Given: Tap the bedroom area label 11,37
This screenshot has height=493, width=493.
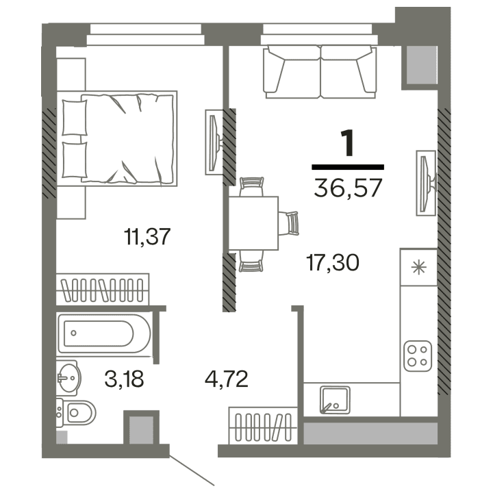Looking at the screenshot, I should pyautogui.click(x=147, y=238).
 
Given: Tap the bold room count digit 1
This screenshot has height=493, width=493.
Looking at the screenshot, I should pyautogui.click(x=348, y=144).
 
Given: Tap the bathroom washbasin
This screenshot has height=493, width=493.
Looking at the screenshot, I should pyautogui.click(x=68, y=375).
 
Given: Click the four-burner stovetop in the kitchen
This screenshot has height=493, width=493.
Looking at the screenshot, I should pyautogui.click(x=417, y=354).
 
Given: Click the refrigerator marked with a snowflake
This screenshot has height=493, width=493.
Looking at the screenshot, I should pyautogui.click(x=418, y=267).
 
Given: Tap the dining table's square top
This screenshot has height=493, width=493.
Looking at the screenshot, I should pyautogui.click(x=253, y=223).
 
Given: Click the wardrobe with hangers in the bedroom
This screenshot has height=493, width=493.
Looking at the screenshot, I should pyautogui.click(x=102, y=290).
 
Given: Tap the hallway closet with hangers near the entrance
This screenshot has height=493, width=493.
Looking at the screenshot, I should pyautogui.click(x=263, y=427).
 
